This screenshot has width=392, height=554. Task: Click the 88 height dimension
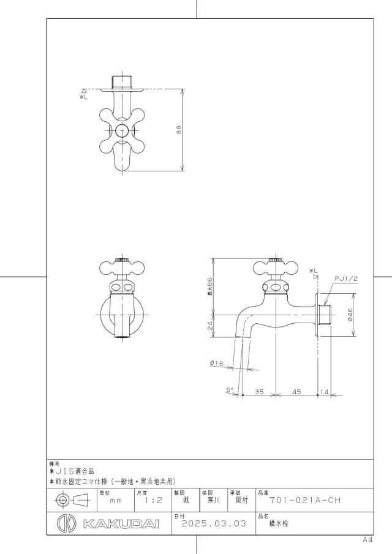pyautogui.click(x=178, y=130)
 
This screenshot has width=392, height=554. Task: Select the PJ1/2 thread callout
pyautogui.click(x=346, y=279)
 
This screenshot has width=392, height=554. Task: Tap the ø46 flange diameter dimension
pyautogui.click(x=350, y=315)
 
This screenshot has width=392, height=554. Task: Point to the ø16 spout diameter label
pyautogui.click(x=216, y=363)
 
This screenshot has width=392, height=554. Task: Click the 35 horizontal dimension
pyautogui.click(x=259, y=392)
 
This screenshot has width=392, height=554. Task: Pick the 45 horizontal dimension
pyautogui.click(x=296, y=392)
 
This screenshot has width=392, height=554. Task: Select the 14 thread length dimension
pyautogui.click(x=324, y=392)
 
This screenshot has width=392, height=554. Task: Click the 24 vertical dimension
pyautogui.click(x=211, y=326)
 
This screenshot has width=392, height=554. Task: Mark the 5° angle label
pyautogui.click(x=230, y=390)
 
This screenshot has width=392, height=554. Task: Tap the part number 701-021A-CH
pyautogui.click(x=305, y=500)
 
